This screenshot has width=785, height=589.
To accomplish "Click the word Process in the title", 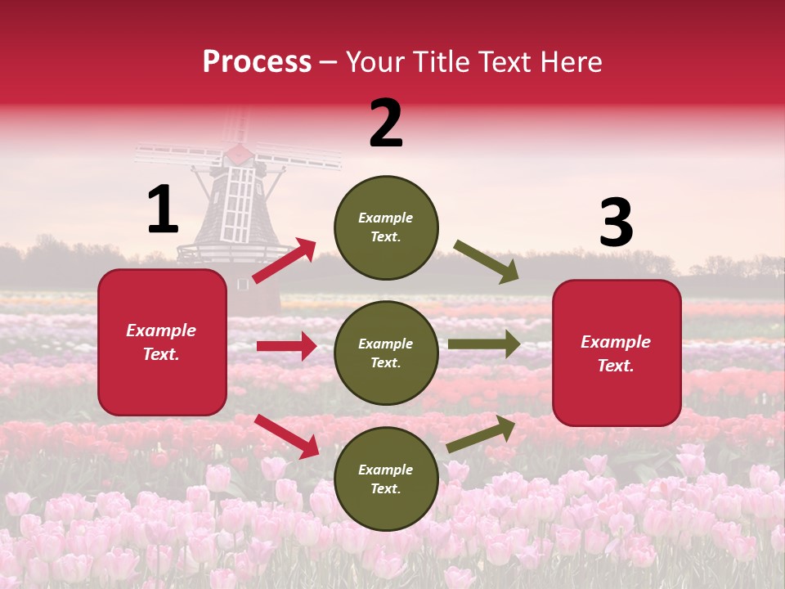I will [x=257, y=61].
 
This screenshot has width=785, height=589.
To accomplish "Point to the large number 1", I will [x=163, y=209].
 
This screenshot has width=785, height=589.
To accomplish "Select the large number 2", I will [x=386, y=124].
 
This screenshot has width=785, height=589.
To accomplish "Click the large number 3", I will [x=616, y=223].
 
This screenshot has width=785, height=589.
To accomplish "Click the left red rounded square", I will [x=162, y=342].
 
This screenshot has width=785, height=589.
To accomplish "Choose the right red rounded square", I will [x=617, y=353].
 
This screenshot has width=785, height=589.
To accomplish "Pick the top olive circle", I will [x=386, y=227].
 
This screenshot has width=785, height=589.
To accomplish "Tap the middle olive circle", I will [x=386, y=353].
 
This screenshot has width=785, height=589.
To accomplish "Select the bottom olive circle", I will [x=386, y=479].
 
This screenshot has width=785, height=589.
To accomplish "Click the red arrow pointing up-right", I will [x=285, y=260].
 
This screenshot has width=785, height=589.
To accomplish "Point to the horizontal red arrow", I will [x=286, y=346].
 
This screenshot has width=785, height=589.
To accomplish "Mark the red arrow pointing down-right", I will [x=287, y=435].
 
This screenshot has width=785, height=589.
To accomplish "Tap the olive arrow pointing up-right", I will [x=482, y=433].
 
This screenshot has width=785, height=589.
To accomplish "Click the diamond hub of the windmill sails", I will [x=239, y=154].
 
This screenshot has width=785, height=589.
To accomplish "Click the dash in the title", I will [x=329, y=62].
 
